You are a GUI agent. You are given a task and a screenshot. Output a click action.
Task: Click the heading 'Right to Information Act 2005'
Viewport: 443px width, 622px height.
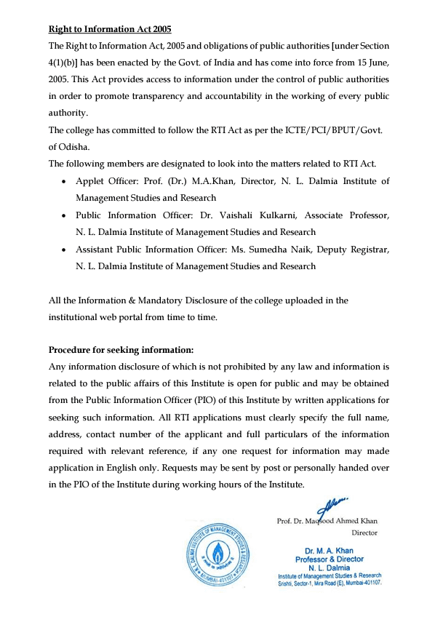coord(109,30)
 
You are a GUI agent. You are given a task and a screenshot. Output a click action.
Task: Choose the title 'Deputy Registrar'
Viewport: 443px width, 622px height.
coord(353,250)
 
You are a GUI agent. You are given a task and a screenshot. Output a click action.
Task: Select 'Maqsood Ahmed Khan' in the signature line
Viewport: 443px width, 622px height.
coord(346,520)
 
